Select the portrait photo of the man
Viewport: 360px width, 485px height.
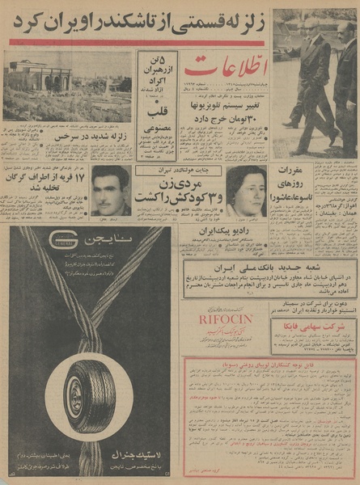110,190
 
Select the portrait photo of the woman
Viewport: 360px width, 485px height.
245,191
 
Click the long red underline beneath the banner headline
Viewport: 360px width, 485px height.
136,42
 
